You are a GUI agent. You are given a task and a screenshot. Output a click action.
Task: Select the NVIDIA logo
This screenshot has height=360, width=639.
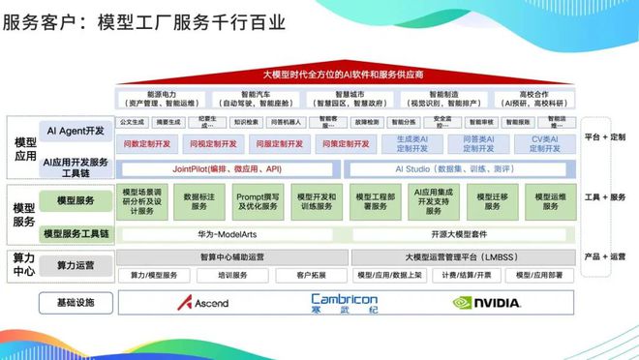click(487, 303)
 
